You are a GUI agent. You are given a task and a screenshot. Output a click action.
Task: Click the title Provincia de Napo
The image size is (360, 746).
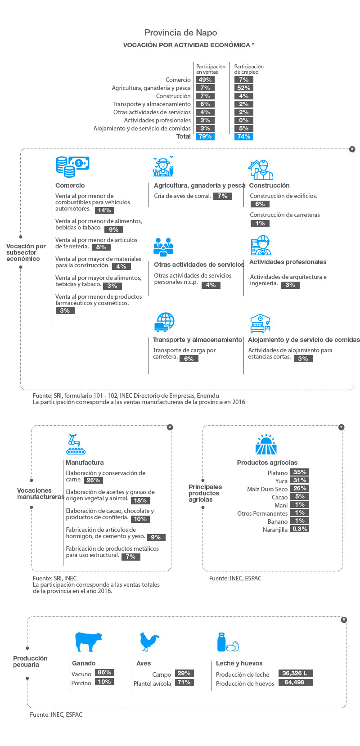[x=180, y=32]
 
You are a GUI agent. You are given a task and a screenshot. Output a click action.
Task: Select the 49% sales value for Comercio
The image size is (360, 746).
[x=205, y=80]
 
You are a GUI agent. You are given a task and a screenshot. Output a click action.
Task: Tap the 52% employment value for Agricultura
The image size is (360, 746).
[x=243, y=88]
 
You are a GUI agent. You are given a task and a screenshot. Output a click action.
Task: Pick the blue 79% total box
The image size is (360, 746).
[x=205, y=136]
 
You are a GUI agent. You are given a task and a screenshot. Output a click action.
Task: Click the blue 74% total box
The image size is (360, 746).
[x=243, y=136]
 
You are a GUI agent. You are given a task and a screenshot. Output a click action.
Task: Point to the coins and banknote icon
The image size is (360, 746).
[x=72, y=166]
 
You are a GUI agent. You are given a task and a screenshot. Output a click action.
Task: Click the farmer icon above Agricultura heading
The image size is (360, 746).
[x=163, y=166]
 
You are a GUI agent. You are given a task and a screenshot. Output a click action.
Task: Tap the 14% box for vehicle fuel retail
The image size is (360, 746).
[x=104, y=210]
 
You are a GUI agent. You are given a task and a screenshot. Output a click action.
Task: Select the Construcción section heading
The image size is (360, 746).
[x=269, y=185]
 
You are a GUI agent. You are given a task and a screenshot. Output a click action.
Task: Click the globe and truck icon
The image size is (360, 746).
[x=165, y=322]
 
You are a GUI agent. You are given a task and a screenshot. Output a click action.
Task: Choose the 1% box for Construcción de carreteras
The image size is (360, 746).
[x=260, y=224]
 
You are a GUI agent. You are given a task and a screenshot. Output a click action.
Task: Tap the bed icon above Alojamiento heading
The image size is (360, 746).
[x=260, y=324]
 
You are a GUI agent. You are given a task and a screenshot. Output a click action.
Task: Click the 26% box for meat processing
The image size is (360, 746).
[x=93, y=480]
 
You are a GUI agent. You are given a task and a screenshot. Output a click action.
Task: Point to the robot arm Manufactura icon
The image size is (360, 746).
[x=76, y=444]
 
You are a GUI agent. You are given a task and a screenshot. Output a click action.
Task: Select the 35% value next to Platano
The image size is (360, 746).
[x=300, y=472]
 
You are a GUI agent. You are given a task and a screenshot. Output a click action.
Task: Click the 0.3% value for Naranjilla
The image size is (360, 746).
[x=300, y=529]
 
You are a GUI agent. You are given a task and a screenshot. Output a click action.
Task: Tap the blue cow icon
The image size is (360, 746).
[x=88, y=642]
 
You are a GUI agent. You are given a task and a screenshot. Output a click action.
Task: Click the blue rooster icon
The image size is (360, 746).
[x=149, y=642]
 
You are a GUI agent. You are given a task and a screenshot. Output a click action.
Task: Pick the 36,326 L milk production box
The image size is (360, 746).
[x=296, y=673]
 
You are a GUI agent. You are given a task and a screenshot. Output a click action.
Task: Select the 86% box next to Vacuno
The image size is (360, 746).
[x=104, y=672]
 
